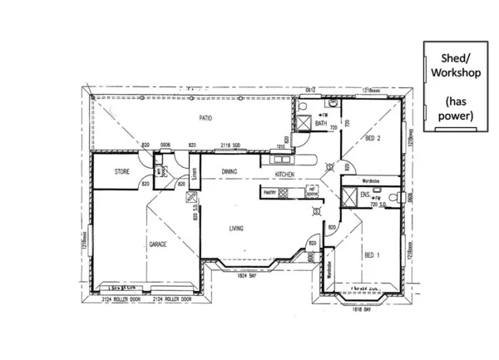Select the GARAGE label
(x=159, y=245)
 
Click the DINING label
(x=230, y=171)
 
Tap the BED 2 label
(x=373, y=138)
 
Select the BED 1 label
(x=372, y=254)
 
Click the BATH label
(x=320, y=124)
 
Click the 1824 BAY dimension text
(x=247, y=274)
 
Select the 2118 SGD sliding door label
(x=230, y=146)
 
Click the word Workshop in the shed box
(x=454, y=73)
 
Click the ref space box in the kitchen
(x=312, y=192)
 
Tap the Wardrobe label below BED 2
(x=371, y=180)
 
